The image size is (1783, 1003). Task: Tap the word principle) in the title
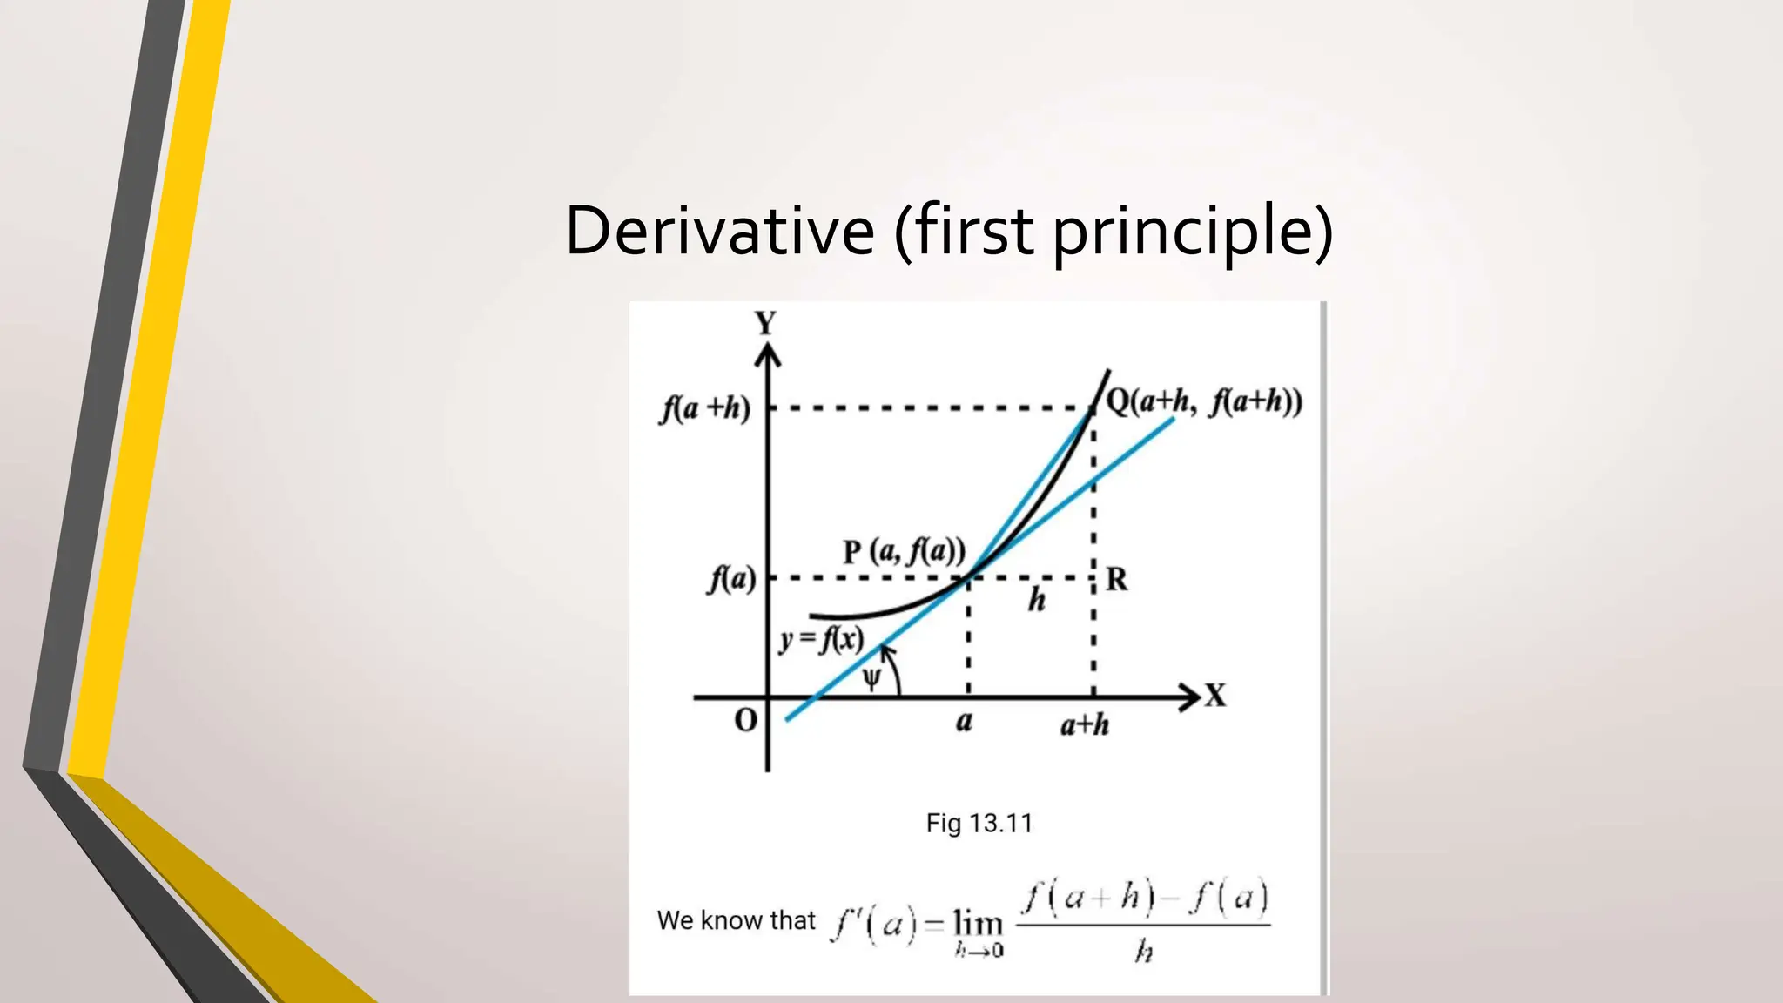tap(1192, 232)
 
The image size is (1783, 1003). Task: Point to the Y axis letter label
tap(765, 324)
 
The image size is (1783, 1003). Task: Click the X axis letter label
tap(1215, 696)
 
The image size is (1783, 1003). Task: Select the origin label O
tap(746, 720)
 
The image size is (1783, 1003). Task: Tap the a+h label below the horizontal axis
tap(1084, 724)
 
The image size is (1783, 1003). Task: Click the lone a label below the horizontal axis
tap(964, 722)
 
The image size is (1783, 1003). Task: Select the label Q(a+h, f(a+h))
tap(1204, 401)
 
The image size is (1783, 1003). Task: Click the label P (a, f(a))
tap(904, 551)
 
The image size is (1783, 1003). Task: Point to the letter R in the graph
tap(1116, 579)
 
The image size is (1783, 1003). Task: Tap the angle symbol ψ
tap(871, 678)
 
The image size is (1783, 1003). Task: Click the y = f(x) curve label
tap(821, 640)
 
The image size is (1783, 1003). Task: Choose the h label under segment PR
tap(1036, 600)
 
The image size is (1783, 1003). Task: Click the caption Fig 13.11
tap(979, 823)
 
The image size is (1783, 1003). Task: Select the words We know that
tap(736, 920)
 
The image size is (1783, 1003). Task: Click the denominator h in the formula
tap(1143, 952)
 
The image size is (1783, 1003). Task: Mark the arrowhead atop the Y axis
tap(767, 353)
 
